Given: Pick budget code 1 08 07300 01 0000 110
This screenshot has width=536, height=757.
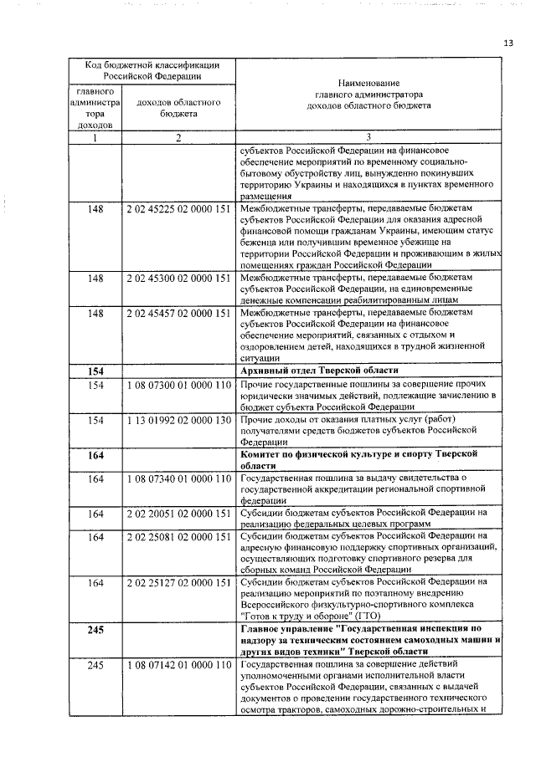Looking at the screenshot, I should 178,384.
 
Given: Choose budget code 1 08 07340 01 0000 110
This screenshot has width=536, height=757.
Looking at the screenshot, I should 178,478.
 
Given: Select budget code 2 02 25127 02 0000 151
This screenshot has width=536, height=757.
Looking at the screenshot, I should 178,583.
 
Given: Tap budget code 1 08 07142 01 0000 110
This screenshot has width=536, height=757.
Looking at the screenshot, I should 178,665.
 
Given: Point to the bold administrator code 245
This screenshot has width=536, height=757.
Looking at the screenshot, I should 95,631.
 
